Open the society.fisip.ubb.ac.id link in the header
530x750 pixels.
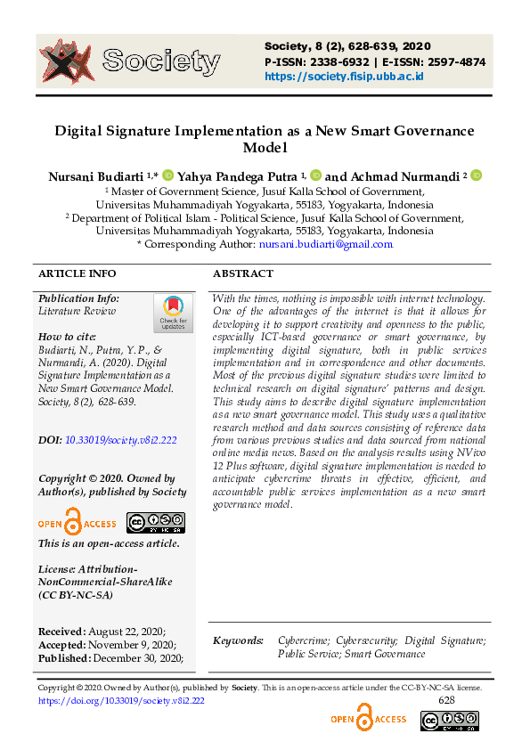343,77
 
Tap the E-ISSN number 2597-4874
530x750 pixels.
453,61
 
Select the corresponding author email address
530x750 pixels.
324,244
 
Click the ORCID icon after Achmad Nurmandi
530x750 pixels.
476,176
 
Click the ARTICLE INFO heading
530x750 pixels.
77,273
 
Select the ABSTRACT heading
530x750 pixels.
243,273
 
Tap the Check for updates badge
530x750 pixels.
172,314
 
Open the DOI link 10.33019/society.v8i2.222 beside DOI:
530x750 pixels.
121,440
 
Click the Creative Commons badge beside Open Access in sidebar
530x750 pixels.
155,523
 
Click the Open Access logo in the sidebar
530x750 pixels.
77,523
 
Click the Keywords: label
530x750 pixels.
238,640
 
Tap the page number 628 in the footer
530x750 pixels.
447,701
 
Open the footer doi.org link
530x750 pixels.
121,701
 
